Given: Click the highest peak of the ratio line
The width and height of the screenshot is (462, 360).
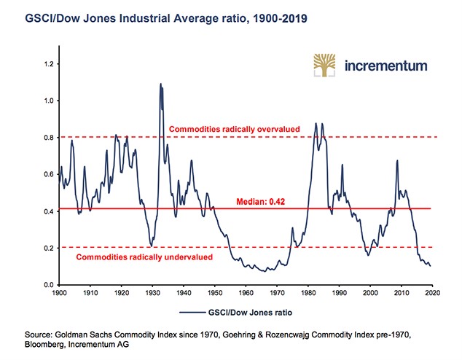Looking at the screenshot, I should (x=160, y=84).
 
